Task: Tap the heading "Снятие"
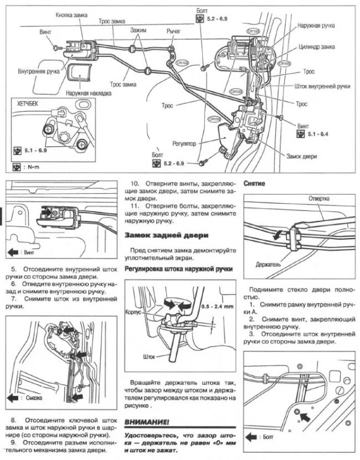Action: (254, 183)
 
